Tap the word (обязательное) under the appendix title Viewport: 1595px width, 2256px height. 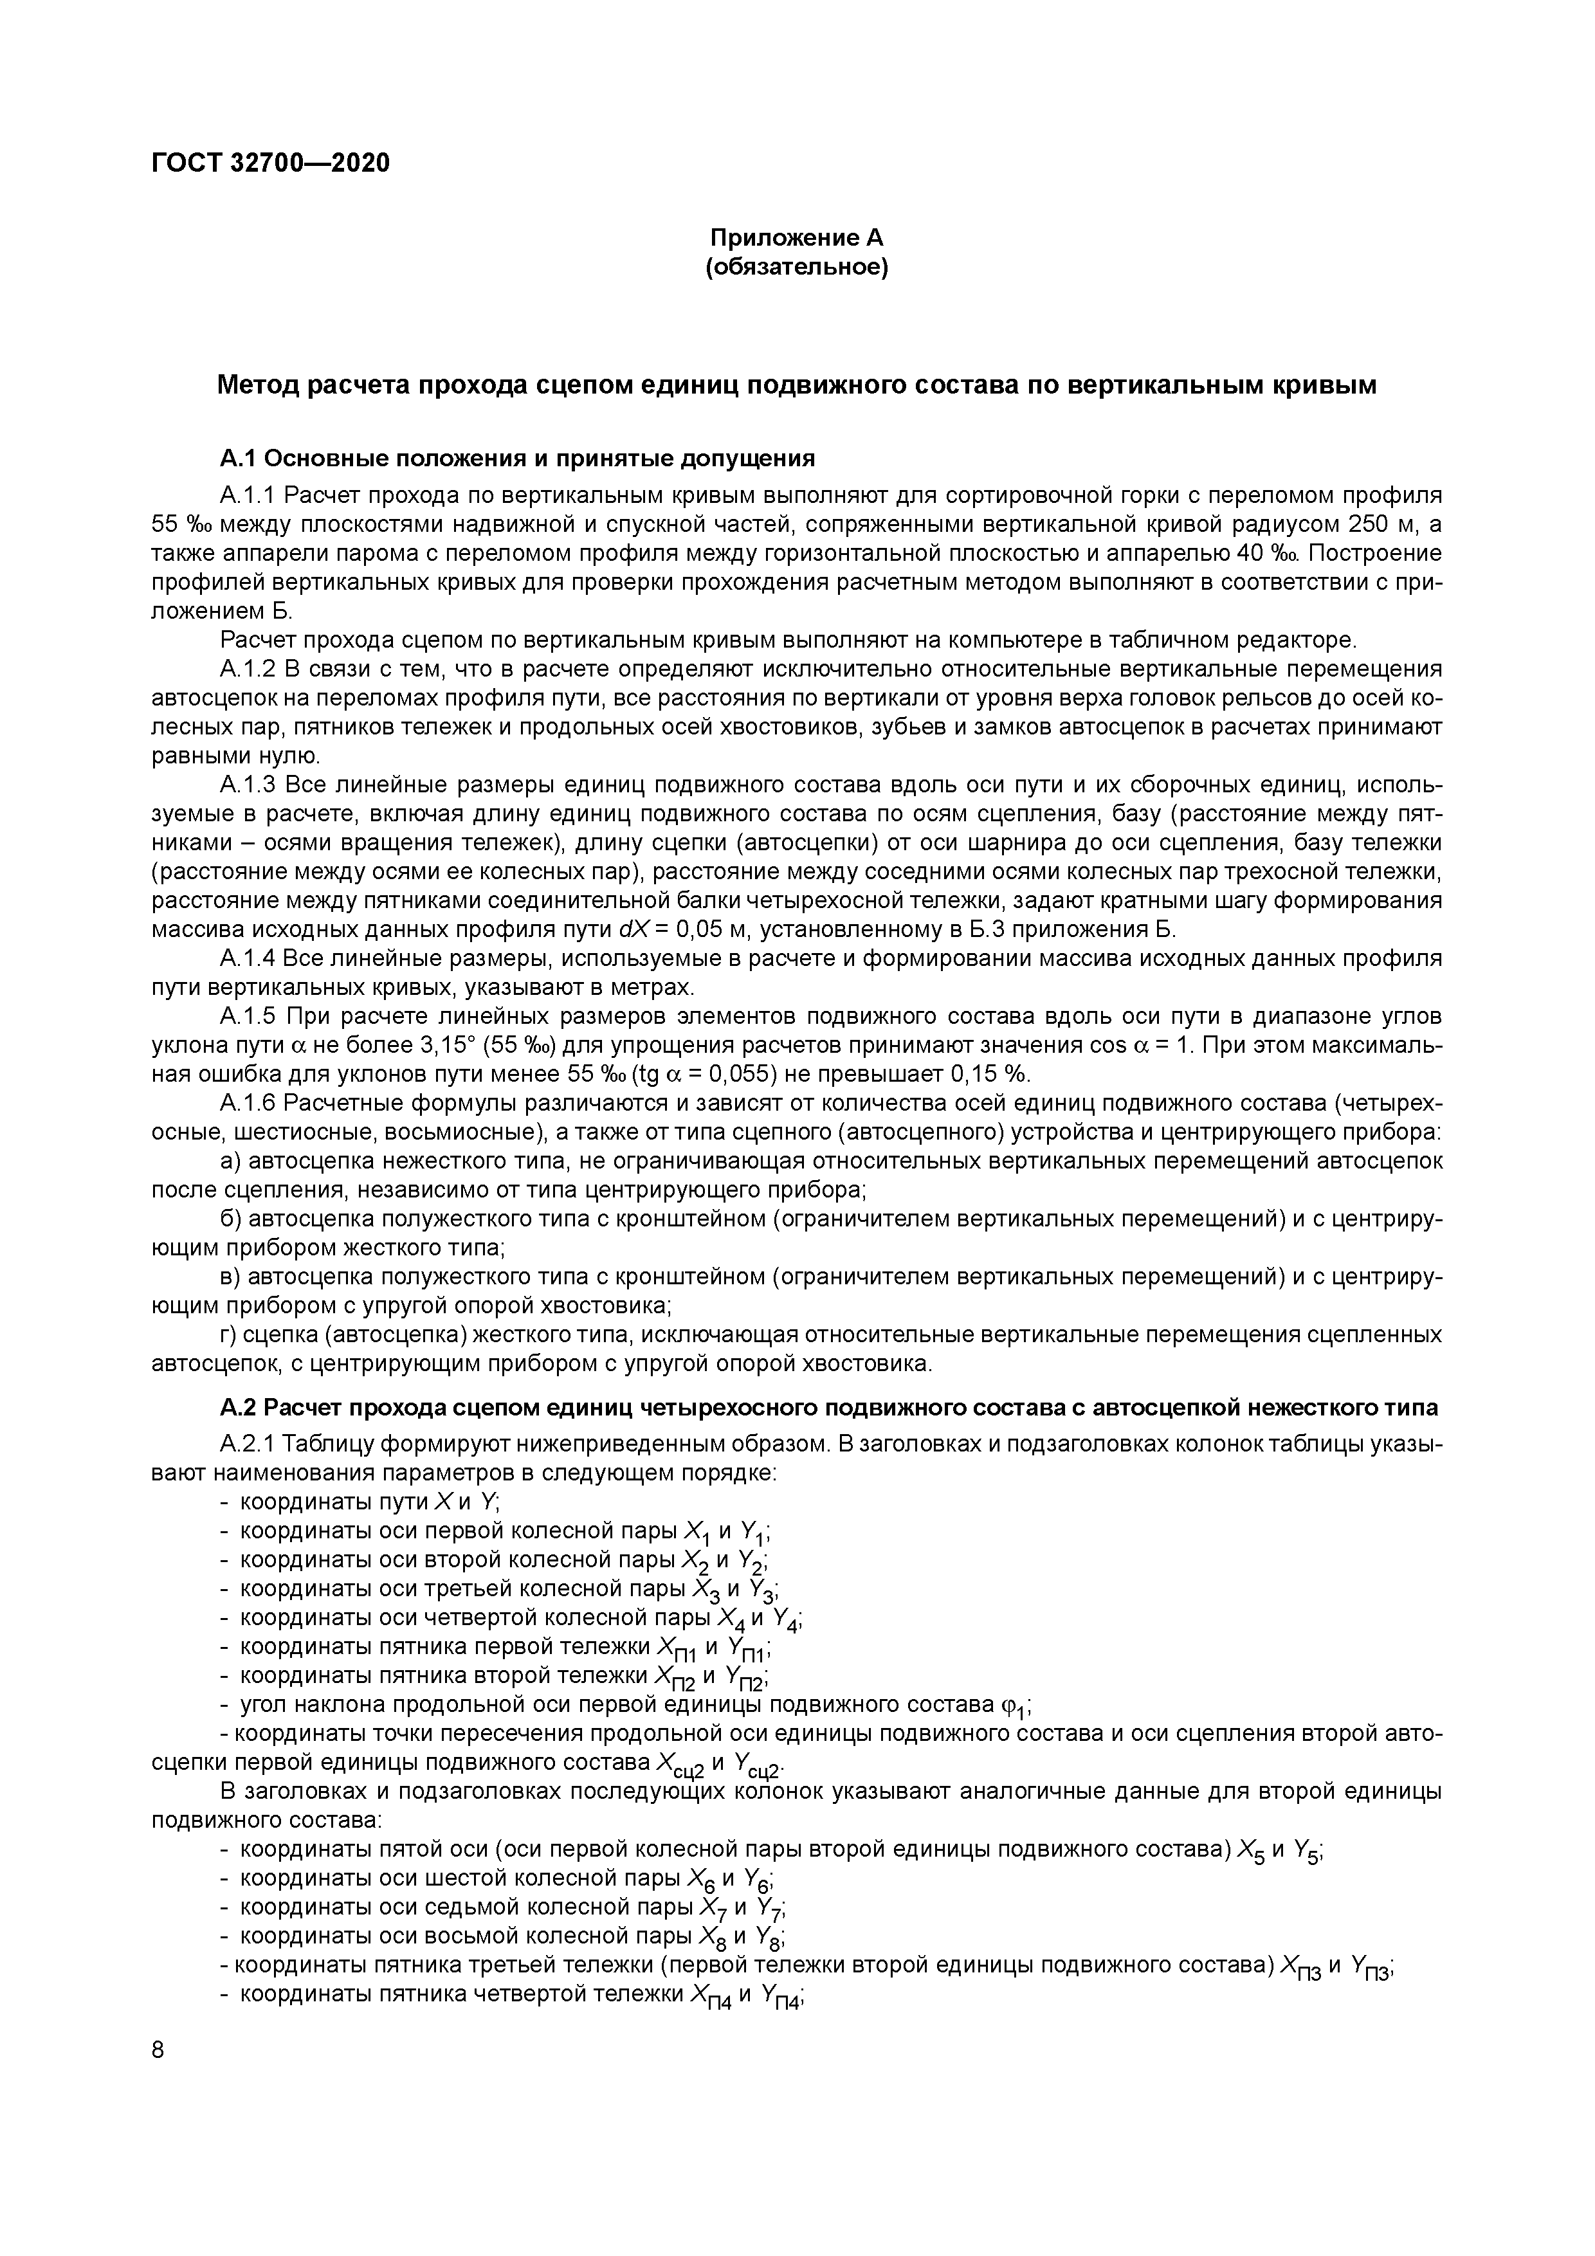tap(797, 268)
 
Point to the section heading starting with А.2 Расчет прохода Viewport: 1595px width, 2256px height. tap(828, 1408)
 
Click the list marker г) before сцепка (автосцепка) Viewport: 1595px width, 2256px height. tap(228, 1335)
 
